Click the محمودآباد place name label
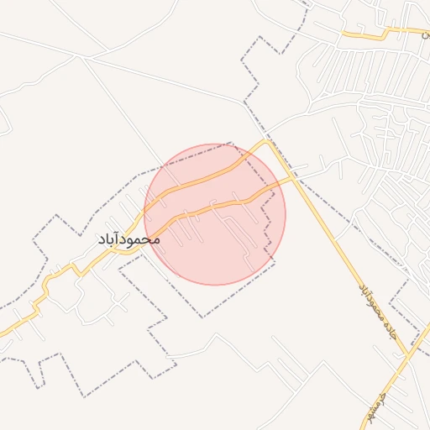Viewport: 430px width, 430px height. pyautogui.click(x=128, y=239)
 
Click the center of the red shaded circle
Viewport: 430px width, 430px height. pyautogui.click(x=215, y=214)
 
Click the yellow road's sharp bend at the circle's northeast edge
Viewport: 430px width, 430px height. pyautogui.click(x=269, y=143)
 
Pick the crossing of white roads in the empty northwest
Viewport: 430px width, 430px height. pyautogui.click(x=81, y=56)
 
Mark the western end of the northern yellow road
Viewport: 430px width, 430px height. pyautogui.click(x=343, y=33)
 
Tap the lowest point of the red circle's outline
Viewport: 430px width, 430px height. pyautogui.click(x=215, y=285)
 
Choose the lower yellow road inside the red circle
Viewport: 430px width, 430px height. pyautogui.click(x=210, y=205)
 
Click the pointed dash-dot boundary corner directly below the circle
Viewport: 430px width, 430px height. pyautogui.click(x=202, y=317)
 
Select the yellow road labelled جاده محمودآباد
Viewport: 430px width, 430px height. pyautogui.click(x=336, y=244)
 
